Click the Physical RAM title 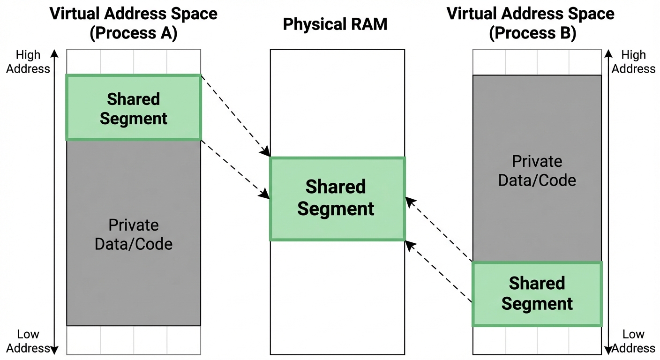(x=335, y=24)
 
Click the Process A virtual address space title (x=134, y=23)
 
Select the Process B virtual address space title (x=531, y=23)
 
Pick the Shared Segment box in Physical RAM (x=336, y=199)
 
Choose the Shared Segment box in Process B (x=537, y=294)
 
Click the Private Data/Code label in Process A (x=134, y=234)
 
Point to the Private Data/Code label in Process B (x=537, y=171)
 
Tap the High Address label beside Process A (x=31, y=62)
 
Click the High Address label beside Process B (x=633, y=62)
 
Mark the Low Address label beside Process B (x=633, y=341)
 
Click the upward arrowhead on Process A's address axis (x=54, y=52)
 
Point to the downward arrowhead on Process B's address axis (x=608, y=350)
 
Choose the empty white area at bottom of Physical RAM (x=337, y=298)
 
